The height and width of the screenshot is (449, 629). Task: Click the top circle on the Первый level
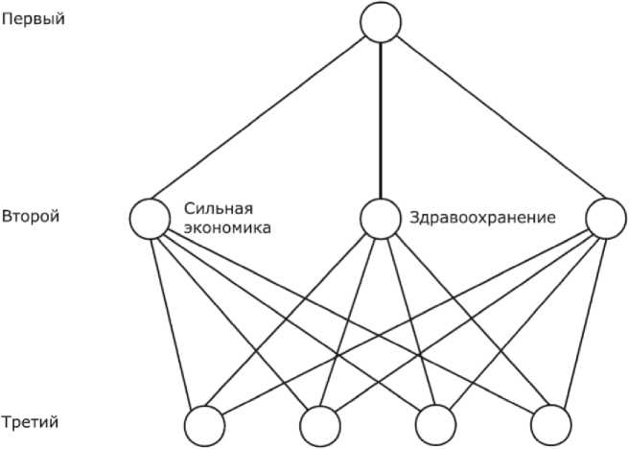(x=381, y=21)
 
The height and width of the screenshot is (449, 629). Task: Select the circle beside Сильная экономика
(x=149, y=217)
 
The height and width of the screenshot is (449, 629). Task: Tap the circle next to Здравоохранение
(x=380, y=218)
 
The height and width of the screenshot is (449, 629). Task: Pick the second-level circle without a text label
(x=606, y=217)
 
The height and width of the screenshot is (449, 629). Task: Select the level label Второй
(x=32, y=216)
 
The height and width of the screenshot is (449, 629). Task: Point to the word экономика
(x=226, y=228)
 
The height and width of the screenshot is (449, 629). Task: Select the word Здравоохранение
(x=482, y=218)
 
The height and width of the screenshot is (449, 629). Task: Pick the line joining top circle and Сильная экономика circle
(x=264, y=119)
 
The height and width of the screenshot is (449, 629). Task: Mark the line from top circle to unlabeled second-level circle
(x=494, y=120)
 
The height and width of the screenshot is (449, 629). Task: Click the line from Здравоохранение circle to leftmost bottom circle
(x=292, y=320)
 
